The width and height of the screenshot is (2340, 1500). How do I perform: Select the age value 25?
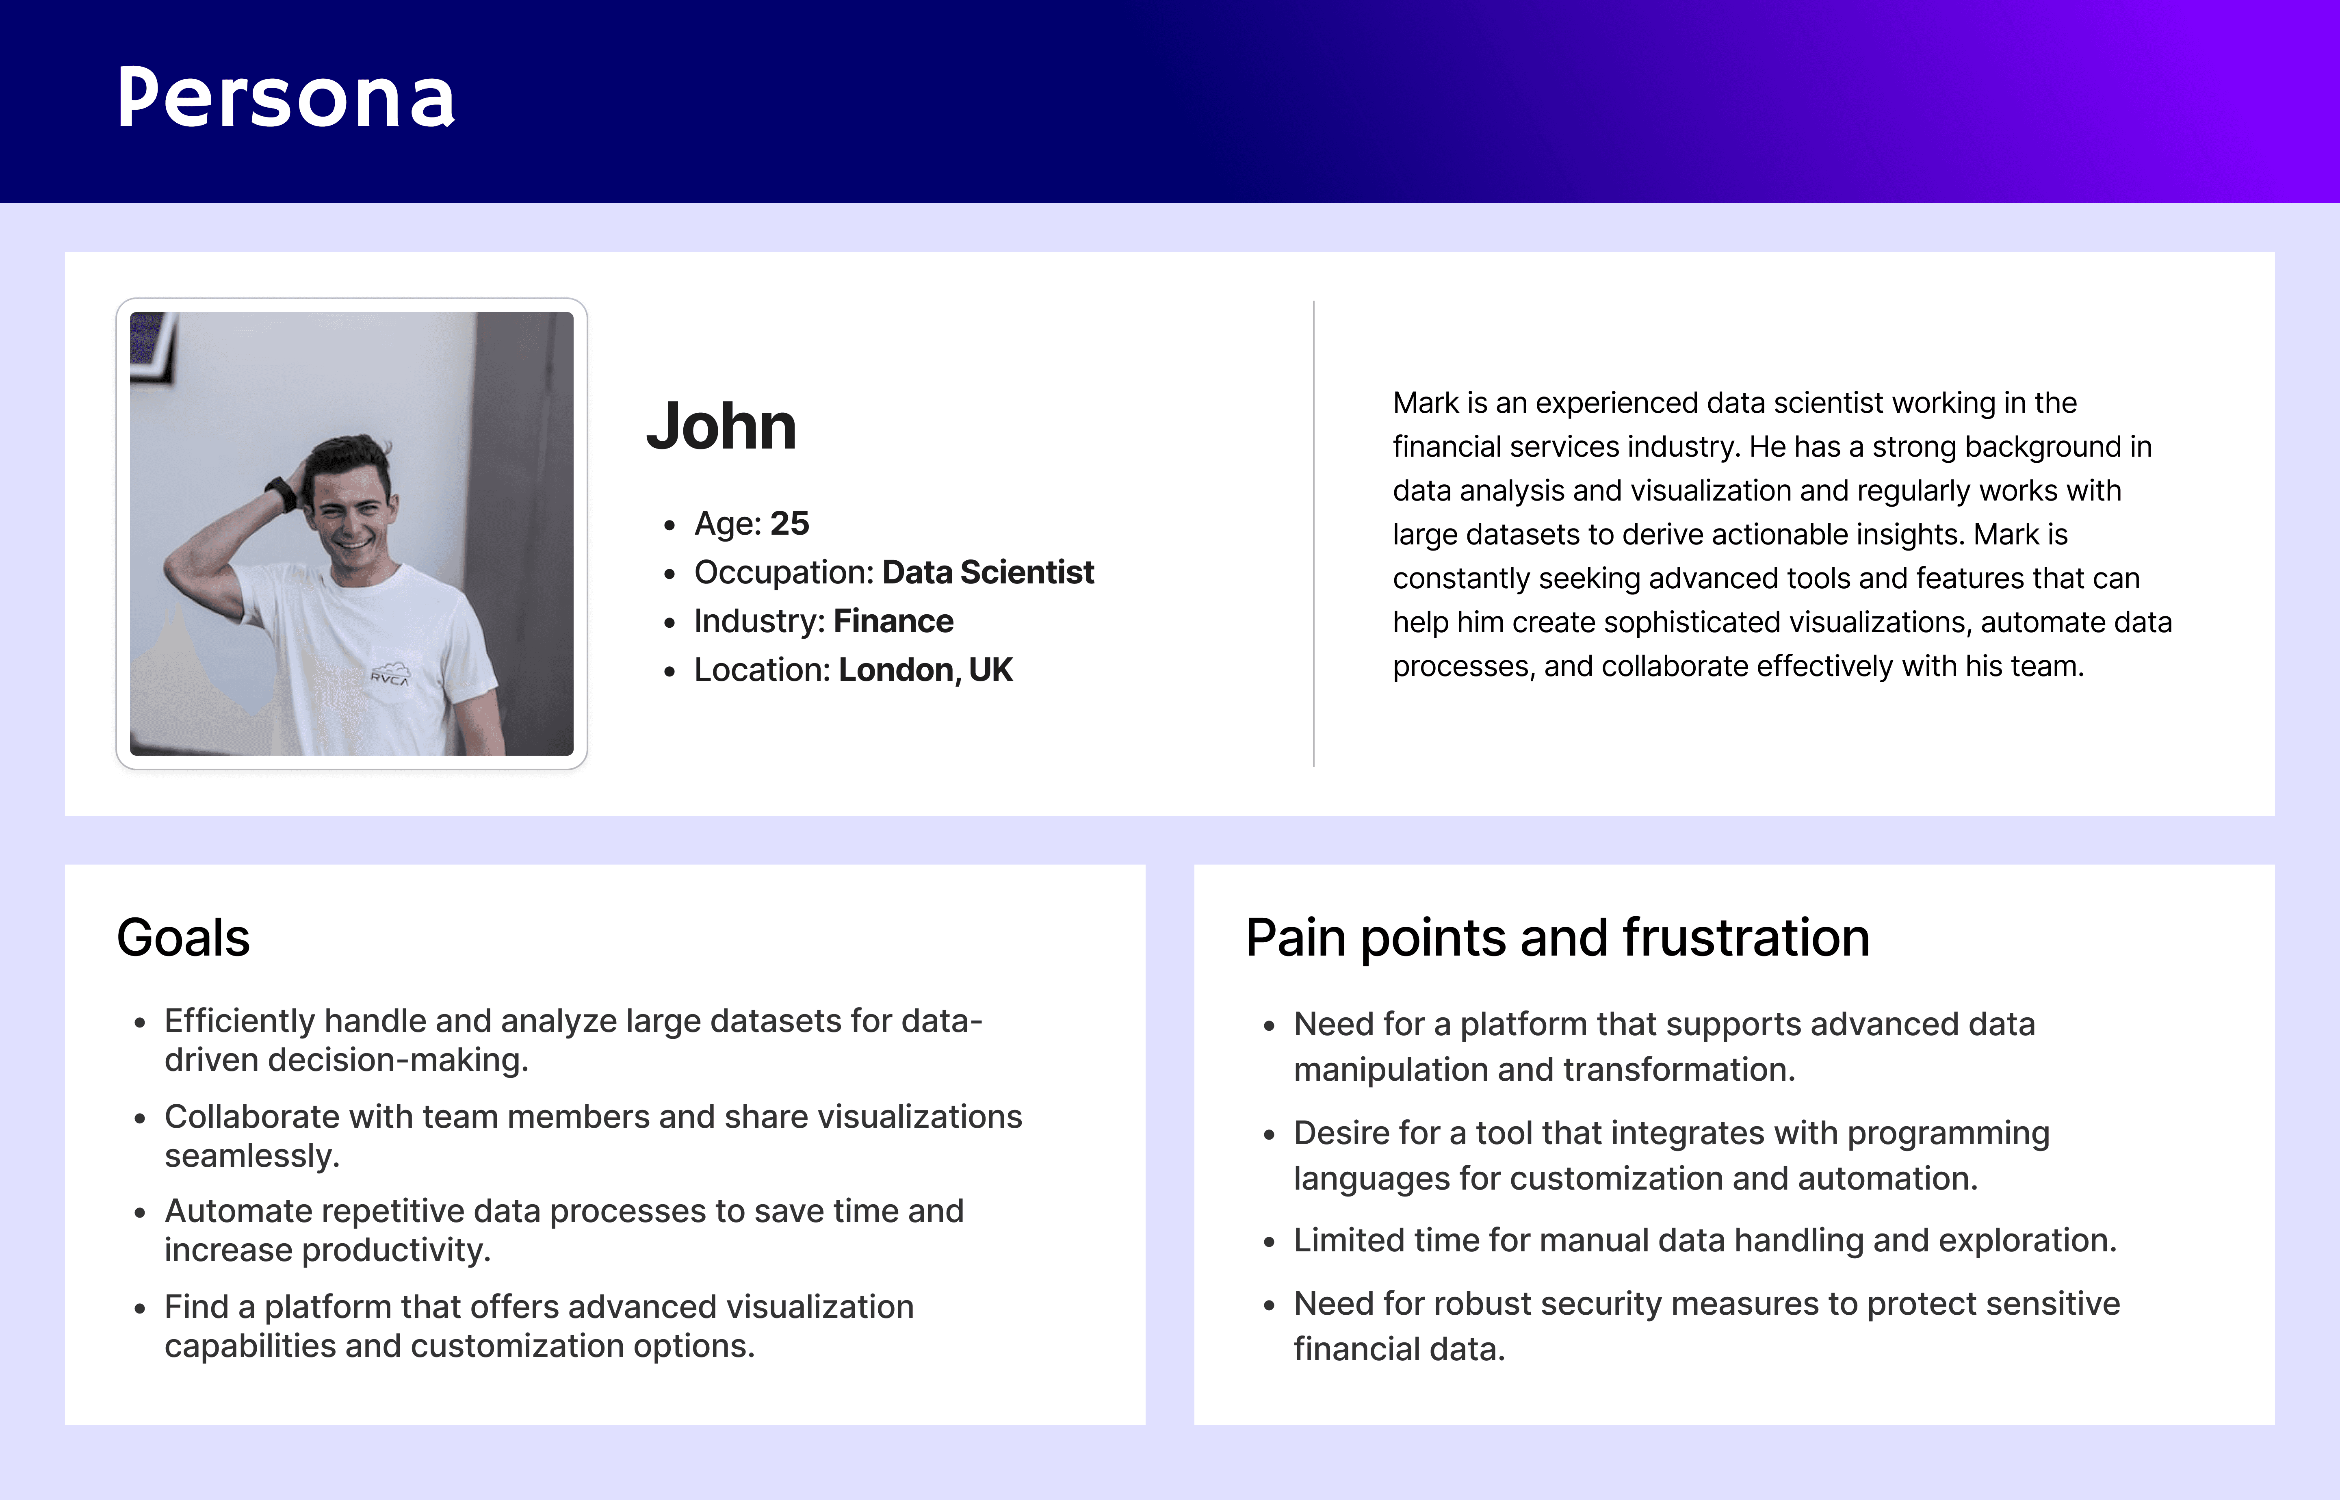[790, 523]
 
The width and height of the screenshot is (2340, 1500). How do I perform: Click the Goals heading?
[183, 938]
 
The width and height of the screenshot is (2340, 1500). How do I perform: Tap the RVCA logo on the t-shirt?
[390, 674]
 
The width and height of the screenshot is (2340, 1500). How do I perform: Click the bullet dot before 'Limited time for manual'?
[1269, 1242]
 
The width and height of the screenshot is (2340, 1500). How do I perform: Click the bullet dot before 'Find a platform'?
[140, 1308]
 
